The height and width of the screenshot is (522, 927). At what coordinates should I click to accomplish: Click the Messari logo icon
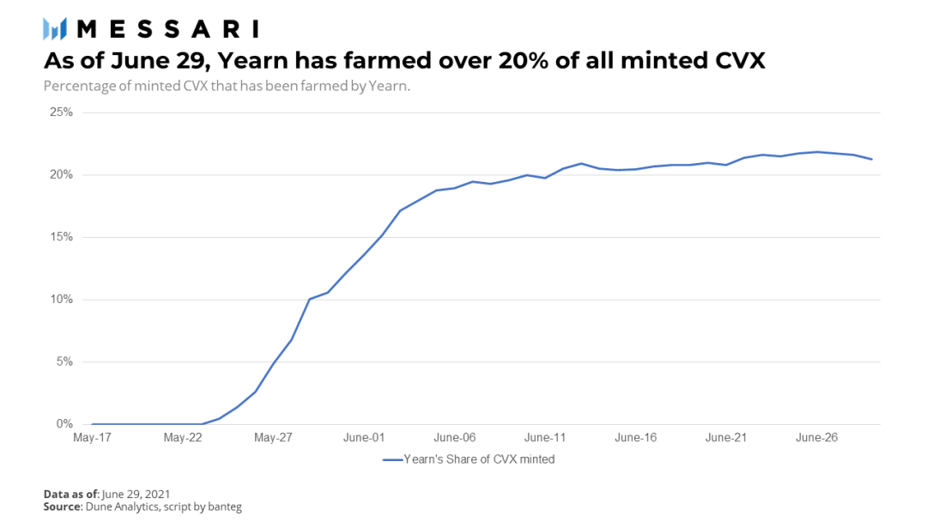click(54, 29)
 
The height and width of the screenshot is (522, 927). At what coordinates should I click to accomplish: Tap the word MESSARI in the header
click(168, 29)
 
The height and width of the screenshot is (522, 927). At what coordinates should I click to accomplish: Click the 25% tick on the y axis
click(62, 112)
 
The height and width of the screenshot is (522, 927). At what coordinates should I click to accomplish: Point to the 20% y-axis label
click(62, 174)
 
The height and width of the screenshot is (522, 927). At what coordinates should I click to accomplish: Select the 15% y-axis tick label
click(62, 237)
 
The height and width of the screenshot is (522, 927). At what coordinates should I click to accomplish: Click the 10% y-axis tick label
click(62, 299)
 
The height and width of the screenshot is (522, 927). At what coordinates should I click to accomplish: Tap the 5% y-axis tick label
click(64, 361)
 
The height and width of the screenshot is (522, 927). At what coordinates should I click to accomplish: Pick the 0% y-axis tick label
click(64, 424)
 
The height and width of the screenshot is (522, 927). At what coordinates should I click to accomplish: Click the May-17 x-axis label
click(92, 438)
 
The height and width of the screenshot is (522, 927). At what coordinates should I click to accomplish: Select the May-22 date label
click(183, 438)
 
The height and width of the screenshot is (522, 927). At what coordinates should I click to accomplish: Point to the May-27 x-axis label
click(273, 438)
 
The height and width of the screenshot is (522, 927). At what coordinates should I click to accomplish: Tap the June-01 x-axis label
click(364, 438)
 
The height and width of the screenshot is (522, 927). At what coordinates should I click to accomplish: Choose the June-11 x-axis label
click(545, 438)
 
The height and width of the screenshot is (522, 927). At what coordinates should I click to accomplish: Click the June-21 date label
click(726, 438)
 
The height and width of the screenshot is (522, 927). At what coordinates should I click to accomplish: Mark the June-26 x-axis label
click(816, 438)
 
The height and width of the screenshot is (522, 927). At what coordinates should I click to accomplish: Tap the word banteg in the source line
click(225, 507)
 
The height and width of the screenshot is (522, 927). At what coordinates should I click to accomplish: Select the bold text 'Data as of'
click(70, 494)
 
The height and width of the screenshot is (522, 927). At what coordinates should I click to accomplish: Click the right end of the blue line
click(871, 159)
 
